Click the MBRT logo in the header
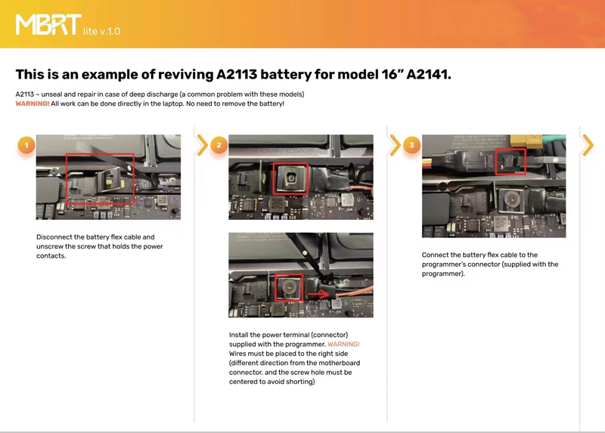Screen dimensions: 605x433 point(48,25)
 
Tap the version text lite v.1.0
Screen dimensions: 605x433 point(102,31)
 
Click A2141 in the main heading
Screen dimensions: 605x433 point(428,74)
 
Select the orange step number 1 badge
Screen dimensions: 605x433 point(26,145)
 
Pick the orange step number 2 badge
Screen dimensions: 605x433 point(219,145)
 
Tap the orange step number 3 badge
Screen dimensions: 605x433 point(411,145)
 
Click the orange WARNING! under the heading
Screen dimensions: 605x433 point(33,104)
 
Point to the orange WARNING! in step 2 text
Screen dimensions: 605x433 point(343,344)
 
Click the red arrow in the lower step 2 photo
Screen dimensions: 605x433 point(318,295)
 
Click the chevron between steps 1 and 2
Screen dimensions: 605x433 point(202,145)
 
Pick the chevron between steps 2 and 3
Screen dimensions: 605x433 point(395,145)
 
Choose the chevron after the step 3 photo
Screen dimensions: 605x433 point(588,145)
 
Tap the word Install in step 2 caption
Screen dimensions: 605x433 point(238,335)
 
